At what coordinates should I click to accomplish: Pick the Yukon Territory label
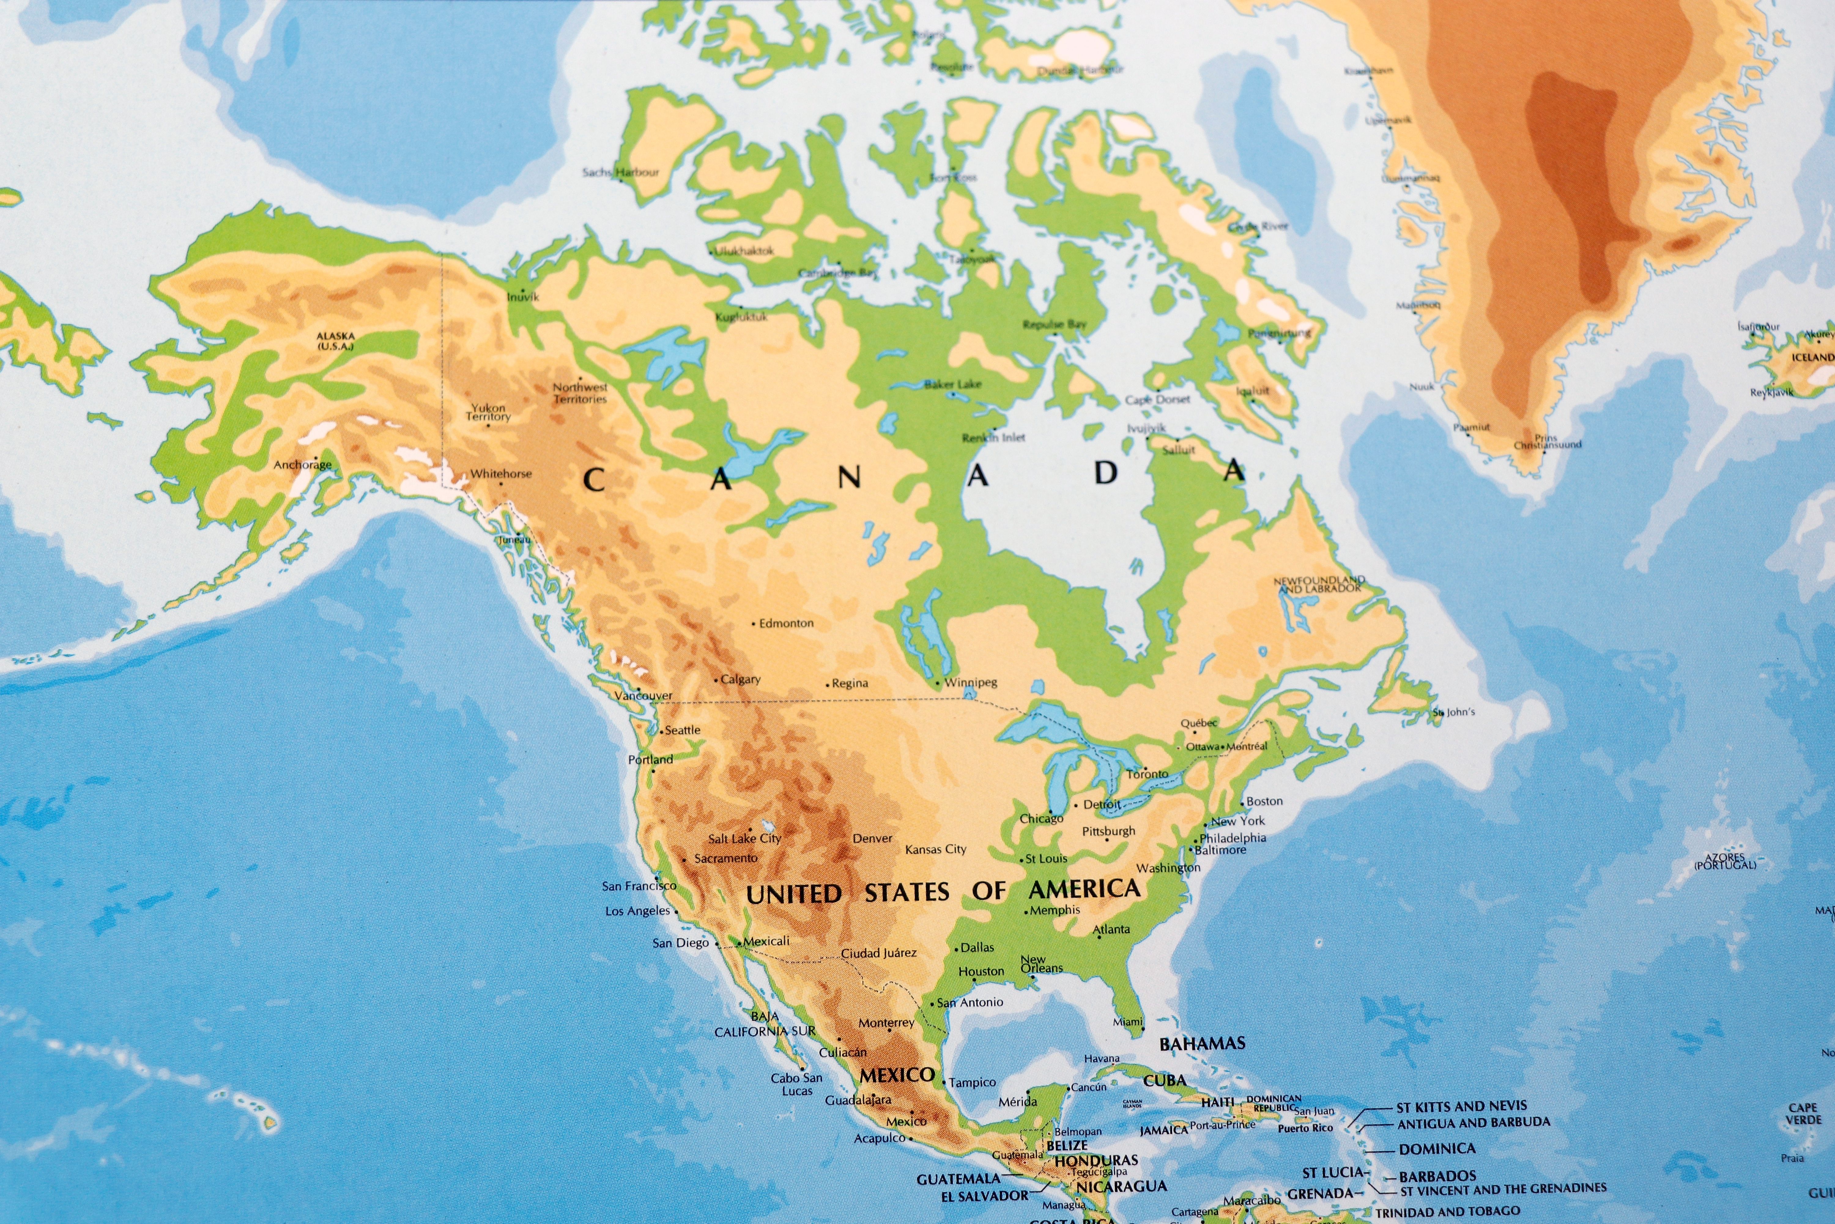(488, 412)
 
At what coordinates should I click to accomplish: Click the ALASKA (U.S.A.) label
(335, 341)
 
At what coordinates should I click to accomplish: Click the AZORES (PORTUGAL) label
(1725, 862)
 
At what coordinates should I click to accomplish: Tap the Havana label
(1102, 1059)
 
